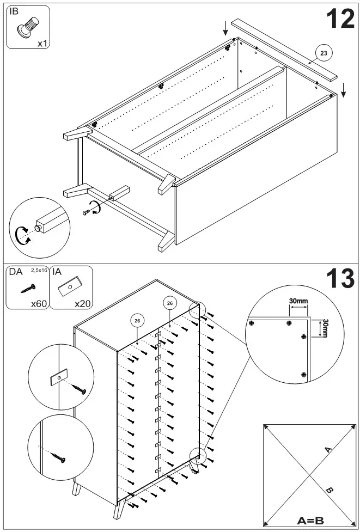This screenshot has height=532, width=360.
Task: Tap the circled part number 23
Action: pos(324,53)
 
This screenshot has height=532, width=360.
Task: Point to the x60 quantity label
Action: pos(38,303)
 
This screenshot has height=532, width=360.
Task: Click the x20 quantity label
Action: pos(83,303)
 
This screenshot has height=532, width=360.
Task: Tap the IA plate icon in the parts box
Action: pos(71,286)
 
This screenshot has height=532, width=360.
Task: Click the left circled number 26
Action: pos(137,321)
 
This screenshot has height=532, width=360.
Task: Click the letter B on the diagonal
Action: pos(328,490)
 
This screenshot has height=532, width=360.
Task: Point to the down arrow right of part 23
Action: pos(344,89)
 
